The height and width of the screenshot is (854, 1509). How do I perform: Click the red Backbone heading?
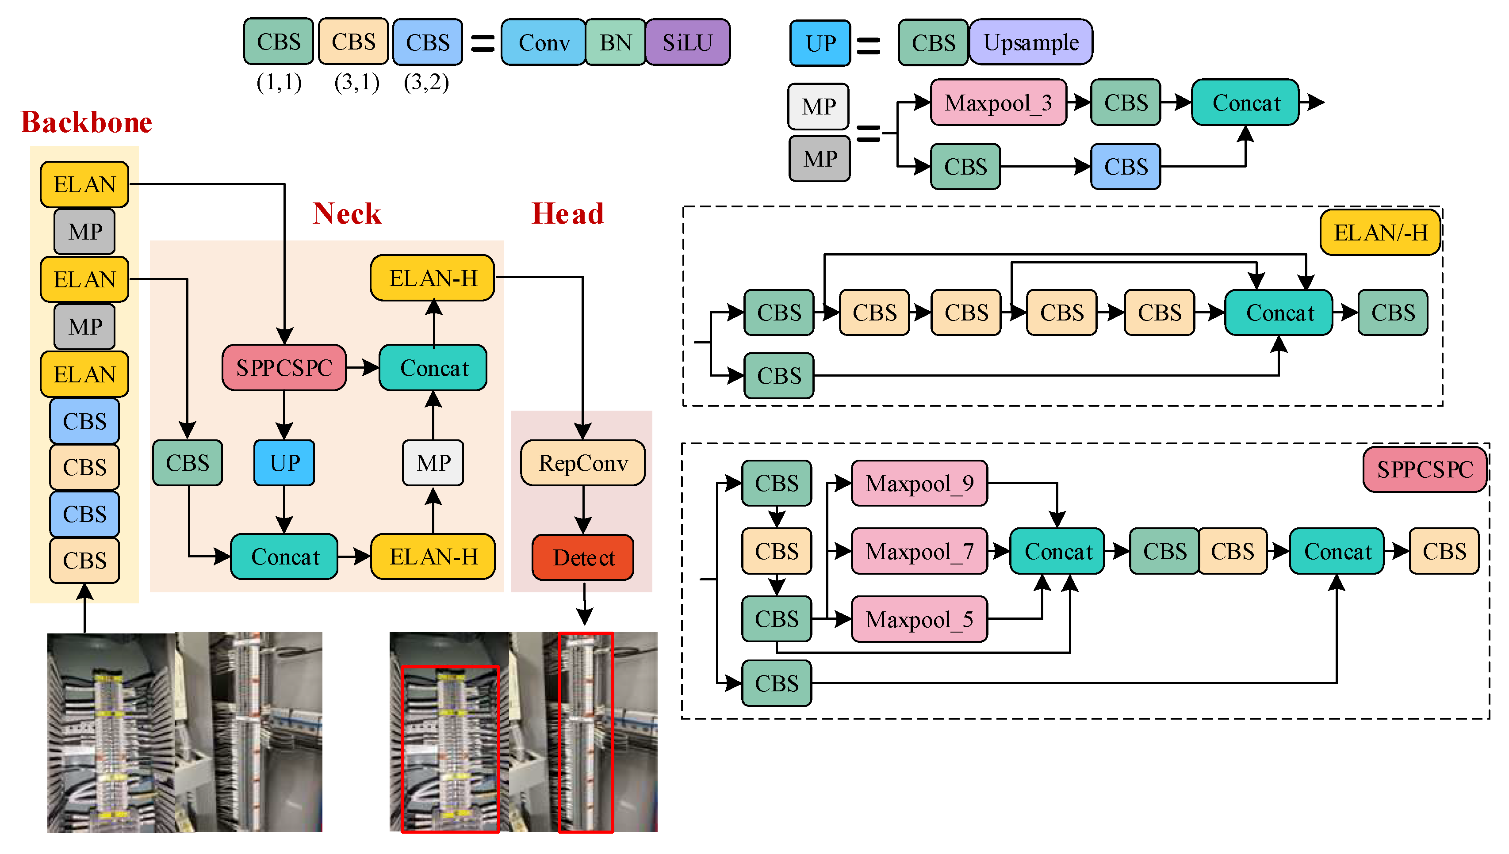coord(86,122)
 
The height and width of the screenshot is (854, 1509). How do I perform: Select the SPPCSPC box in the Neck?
coord(284,368)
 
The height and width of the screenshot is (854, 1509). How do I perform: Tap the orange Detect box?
coord(583,557)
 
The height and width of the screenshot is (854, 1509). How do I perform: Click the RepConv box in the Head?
coord(583,463)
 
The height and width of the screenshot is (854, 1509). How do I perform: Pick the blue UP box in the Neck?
coord(284,463)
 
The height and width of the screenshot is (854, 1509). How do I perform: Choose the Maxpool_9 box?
coord(919,483)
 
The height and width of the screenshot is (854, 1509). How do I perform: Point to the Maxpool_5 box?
coord(919,619)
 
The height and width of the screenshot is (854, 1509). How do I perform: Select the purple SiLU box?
coord(688,42)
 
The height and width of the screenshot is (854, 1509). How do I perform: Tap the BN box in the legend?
coord(616,42)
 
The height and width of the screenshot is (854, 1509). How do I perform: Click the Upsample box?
coord(1031,42)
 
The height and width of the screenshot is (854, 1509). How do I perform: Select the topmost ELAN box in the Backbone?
coord(84,185)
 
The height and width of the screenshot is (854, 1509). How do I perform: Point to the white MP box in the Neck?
coord(433,463)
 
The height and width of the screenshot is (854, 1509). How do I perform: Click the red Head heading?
coord(567,213)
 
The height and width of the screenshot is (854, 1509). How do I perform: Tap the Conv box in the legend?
coord(544,42)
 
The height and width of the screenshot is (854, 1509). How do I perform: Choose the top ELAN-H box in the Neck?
coord(433,278)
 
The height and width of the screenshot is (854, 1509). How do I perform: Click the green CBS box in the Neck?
coord(188,463)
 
